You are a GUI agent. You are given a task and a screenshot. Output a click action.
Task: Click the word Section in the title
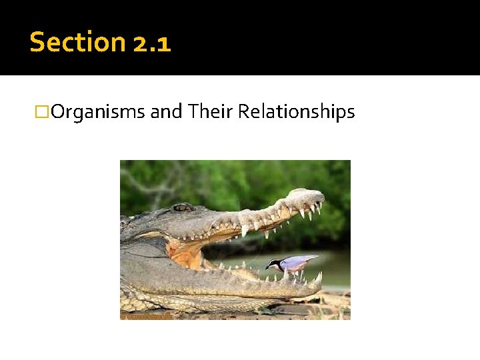(78, 42)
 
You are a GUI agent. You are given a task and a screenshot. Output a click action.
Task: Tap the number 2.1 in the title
(152, 43)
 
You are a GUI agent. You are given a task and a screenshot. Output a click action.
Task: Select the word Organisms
(97, 112)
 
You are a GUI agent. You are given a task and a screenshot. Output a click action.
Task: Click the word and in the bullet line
(167, 112)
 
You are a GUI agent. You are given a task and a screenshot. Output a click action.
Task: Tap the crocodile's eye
(181, 207)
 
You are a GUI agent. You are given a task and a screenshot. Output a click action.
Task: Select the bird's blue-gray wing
(297, 262)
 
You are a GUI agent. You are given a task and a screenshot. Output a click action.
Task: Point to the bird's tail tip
(317, 257)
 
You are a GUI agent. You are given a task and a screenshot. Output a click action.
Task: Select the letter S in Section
(37, 42)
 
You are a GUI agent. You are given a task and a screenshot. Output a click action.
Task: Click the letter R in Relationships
(243, 112)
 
